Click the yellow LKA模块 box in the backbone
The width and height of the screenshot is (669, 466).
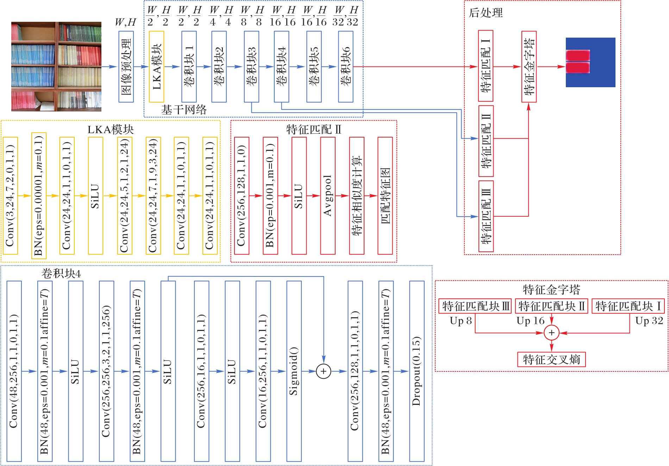click(156, 66)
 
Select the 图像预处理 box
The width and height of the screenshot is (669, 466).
click(126, 66)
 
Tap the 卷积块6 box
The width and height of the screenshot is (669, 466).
click(345, 66)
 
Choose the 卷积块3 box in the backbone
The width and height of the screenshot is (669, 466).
click(251, 66)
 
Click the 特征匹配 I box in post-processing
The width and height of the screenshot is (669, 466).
click(486, 66)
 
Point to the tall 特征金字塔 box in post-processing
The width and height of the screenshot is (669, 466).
click(529, 66)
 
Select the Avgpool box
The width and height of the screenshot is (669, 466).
click(328, 196)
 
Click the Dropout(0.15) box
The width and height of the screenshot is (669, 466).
click(417, 371)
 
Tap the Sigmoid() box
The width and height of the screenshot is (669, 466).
click(294, 371)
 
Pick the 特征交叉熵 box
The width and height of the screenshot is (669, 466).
click(551, 359)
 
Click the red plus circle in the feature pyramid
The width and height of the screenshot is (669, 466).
click(551, 332)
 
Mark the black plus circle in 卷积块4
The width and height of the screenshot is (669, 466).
click(324, 371)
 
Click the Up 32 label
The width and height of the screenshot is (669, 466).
click(649, 321)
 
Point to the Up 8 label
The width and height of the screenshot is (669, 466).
click(461, 321)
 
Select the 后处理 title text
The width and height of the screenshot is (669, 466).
click(486, 13)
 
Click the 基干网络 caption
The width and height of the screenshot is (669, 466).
click(184, 110)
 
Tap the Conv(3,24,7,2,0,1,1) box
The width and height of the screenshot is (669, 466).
click(10, 196)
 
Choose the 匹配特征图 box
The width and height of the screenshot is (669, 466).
click(385, 196)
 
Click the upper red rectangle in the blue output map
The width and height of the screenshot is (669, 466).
click(578, 56)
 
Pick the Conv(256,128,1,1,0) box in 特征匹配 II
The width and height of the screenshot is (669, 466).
click(242, 196)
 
